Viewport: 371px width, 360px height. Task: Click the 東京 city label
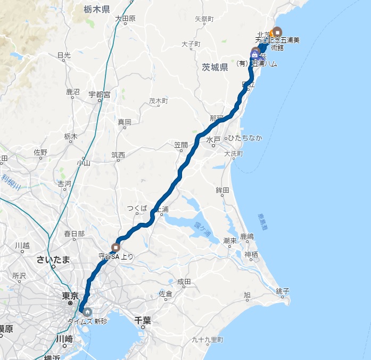pos(70,296)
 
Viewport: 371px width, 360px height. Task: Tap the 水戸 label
pos(213,139)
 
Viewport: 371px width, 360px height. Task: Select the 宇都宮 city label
pos(99,95)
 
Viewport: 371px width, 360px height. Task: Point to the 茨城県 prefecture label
pos(215,67)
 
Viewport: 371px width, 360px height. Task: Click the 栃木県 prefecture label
pos(97,9)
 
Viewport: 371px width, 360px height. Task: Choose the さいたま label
pos(53,259)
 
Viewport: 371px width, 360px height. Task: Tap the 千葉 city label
pos(143,320)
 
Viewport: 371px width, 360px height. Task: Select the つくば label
pos(137,208)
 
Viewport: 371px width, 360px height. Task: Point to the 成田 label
pos(184,281)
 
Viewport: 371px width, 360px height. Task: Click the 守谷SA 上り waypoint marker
pos(116,247)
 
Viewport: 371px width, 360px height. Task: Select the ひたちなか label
pos(246,138)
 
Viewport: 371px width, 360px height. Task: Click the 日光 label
pos(64,55)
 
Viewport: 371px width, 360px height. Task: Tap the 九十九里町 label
pos(208,340)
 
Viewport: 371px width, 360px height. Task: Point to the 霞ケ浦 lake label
pos(202,229)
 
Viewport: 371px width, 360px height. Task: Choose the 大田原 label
pos(126,18)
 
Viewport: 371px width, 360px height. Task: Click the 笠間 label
pos(181,145)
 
